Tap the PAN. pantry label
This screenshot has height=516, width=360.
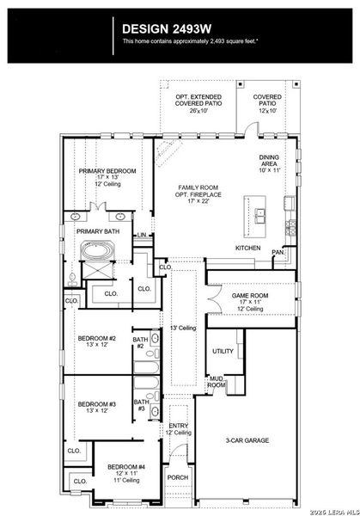pos(278,252)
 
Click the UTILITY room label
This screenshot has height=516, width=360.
pos(223,352)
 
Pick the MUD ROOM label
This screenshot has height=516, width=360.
pos(217,382)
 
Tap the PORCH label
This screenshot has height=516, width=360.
pos(177,477)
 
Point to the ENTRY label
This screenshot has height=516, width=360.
pos(179,425)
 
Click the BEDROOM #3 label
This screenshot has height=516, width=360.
pos(96,404)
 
